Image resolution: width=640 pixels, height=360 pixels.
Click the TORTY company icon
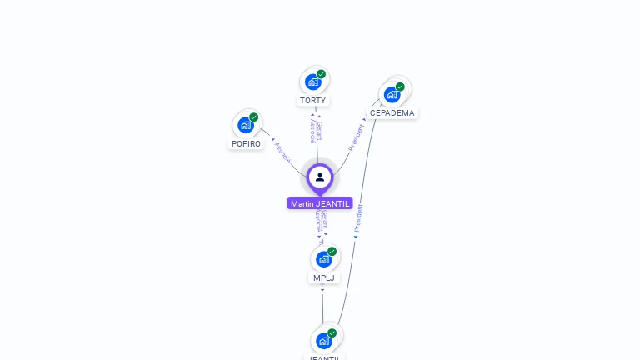313,82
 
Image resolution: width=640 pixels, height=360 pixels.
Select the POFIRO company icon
245,125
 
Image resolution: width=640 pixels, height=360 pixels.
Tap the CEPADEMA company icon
392,94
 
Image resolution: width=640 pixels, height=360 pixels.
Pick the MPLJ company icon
323,259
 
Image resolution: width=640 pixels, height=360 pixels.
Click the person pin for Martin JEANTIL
320,177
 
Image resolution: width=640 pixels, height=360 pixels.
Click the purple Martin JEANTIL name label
320,203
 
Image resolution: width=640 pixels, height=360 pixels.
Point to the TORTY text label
313,101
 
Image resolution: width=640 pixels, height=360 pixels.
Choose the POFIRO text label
246,144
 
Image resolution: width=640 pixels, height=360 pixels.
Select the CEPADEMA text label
392,113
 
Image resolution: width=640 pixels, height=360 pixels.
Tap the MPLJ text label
323,278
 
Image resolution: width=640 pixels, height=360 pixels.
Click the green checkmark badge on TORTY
322,74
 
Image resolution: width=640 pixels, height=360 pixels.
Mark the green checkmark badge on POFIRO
254,117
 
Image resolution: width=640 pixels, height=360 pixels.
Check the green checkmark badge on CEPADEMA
400,87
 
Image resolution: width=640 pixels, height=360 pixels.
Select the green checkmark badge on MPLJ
332,252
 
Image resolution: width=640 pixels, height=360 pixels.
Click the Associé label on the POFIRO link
283,152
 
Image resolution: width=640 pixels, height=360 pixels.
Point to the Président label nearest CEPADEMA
357,137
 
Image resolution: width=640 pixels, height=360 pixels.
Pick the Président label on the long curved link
358,218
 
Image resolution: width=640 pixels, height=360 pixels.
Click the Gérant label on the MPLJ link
325,222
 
